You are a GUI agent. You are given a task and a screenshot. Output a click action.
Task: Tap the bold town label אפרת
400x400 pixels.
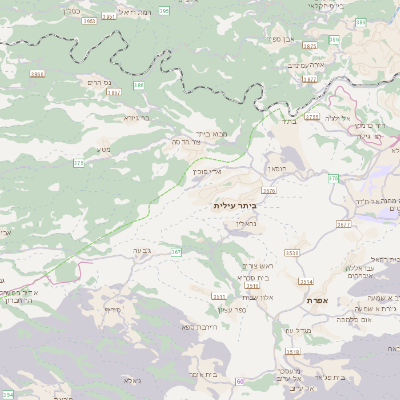(319, 300)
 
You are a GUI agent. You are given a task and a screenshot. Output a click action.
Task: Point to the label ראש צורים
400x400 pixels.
(259, 265)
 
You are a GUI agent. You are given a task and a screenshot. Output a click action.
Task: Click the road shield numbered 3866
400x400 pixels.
(38, 74)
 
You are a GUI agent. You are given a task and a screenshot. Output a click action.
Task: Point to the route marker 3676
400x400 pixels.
(268, 189)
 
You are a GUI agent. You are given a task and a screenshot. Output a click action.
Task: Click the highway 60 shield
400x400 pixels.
(240, 381)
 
